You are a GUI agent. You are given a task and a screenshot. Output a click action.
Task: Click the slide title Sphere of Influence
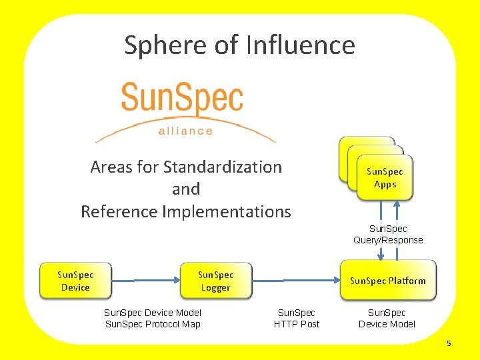coord(239,45)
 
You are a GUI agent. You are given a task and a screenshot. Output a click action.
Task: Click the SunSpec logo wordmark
coord(182,99)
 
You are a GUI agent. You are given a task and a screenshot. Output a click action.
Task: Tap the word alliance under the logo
coord(185,131)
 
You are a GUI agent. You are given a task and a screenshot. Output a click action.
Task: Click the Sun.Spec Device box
coord(75,281)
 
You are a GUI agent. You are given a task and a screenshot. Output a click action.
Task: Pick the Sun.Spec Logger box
coord(215,281)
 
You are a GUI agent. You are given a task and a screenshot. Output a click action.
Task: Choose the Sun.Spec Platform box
coord(387,281)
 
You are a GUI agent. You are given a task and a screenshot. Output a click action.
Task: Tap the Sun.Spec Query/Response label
coord(388,234)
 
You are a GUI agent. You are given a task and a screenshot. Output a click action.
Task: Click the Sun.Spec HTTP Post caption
coord(296,318)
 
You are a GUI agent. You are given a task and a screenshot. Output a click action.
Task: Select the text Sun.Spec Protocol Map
coord(153,324)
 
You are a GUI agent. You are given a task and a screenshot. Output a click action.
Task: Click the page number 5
coord(449,343)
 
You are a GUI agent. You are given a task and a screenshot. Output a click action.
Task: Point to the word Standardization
coord(223,167)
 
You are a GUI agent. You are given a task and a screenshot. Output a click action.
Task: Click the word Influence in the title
coord(300,45)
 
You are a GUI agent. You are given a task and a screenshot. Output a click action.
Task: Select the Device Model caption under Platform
coord(387,324)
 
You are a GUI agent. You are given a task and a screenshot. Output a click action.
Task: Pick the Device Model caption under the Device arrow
coord(153,313)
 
